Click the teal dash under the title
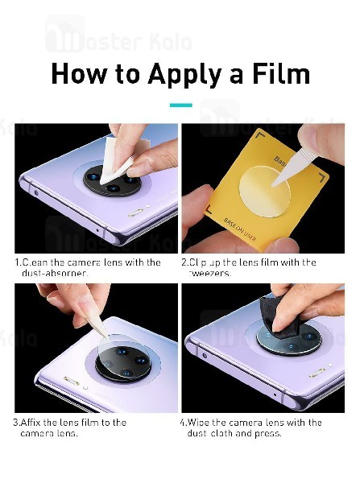click(x=180, y=105)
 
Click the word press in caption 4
click(x=267, y=433)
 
